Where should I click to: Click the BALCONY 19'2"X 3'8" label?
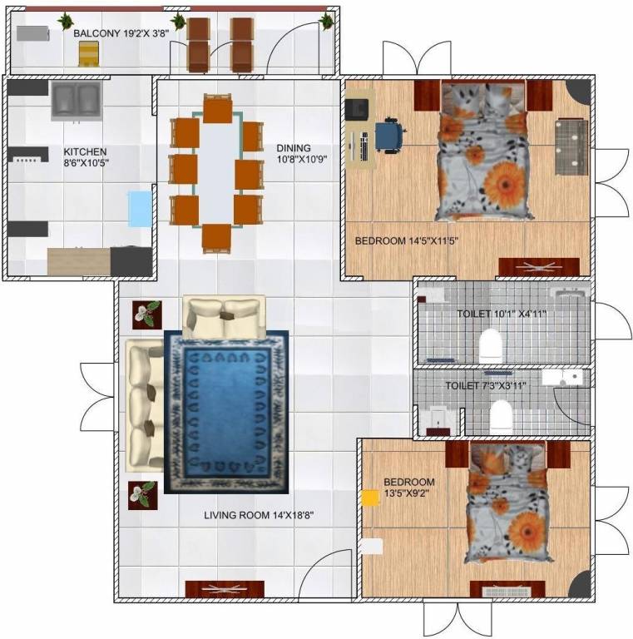pos(121,34)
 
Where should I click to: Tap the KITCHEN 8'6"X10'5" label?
pos(86,156)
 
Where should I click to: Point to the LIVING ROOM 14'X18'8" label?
pos(259,515)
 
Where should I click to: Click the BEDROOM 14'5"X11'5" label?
pos(407,241)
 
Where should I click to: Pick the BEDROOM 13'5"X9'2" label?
pos(408,488)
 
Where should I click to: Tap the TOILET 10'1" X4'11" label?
pos(512,315)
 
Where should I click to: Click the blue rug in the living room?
pos(226,412)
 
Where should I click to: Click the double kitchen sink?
pos(76,101)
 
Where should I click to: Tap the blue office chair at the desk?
pos(389,135)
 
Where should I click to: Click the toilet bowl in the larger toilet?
pos(492,341)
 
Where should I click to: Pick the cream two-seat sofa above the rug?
pos(224,315)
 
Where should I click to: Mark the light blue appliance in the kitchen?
pos(140,209)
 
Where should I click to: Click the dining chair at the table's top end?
pos(218,109)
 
